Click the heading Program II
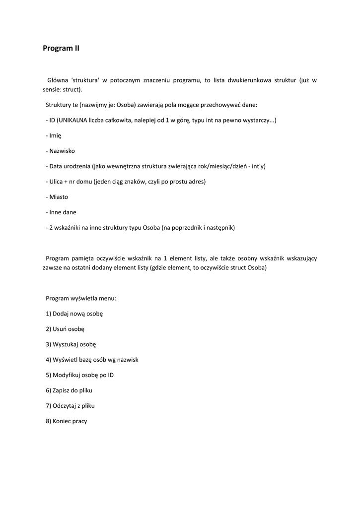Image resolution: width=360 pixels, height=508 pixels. pos(61,48)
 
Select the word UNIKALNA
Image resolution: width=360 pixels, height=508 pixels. pos(73,121)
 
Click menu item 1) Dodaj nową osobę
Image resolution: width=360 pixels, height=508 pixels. pos(74,314)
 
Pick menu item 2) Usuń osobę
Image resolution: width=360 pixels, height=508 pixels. pos(65,329)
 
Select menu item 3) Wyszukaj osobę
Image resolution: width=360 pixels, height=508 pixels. pos(71,344)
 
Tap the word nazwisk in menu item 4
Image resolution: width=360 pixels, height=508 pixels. pos(127,359)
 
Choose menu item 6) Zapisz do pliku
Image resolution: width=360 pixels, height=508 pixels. pos(69,390)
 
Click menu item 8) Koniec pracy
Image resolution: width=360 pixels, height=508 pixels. pos(67,421)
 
